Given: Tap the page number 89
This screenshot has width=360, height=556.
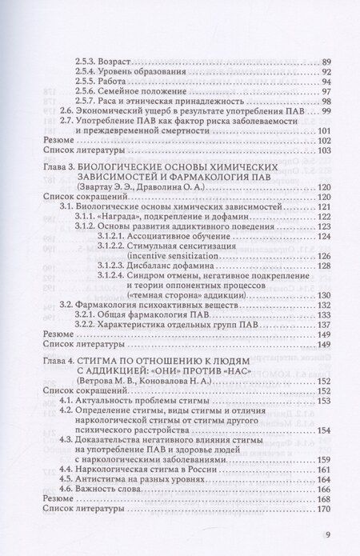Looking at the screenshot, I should (x=325, y=62).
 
